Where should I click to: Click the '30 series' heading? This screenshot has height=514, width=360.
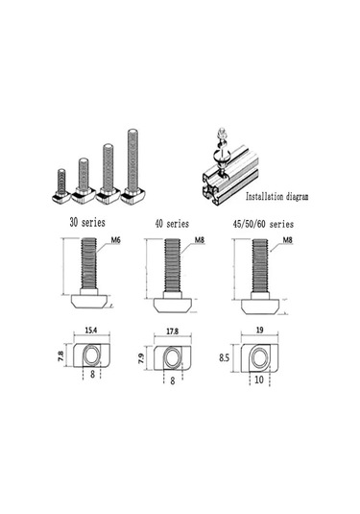point(87,223)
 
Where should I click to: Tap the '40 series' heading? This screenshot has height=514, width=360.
point(172,224)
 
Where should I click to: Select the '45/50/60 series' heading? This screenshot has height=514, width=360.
point(263,224)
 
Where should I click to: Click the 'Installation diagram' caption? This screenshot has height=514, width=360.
point(276,196)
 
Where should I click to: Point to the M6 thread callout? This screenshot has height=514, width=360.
point(115,240)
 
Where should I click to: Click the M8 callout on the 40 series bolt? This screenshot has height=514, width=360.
point(200,240)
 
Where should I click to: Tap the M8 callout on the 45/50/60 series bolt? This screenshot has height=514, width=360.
point(287,240)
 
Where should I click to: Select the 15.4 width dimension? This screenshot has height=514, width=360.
point(91,330)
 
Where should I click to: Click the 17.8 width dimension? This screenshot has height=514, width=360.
point(172,331)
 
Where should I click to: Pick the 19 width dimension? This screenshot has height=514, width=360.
point(259,330)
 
